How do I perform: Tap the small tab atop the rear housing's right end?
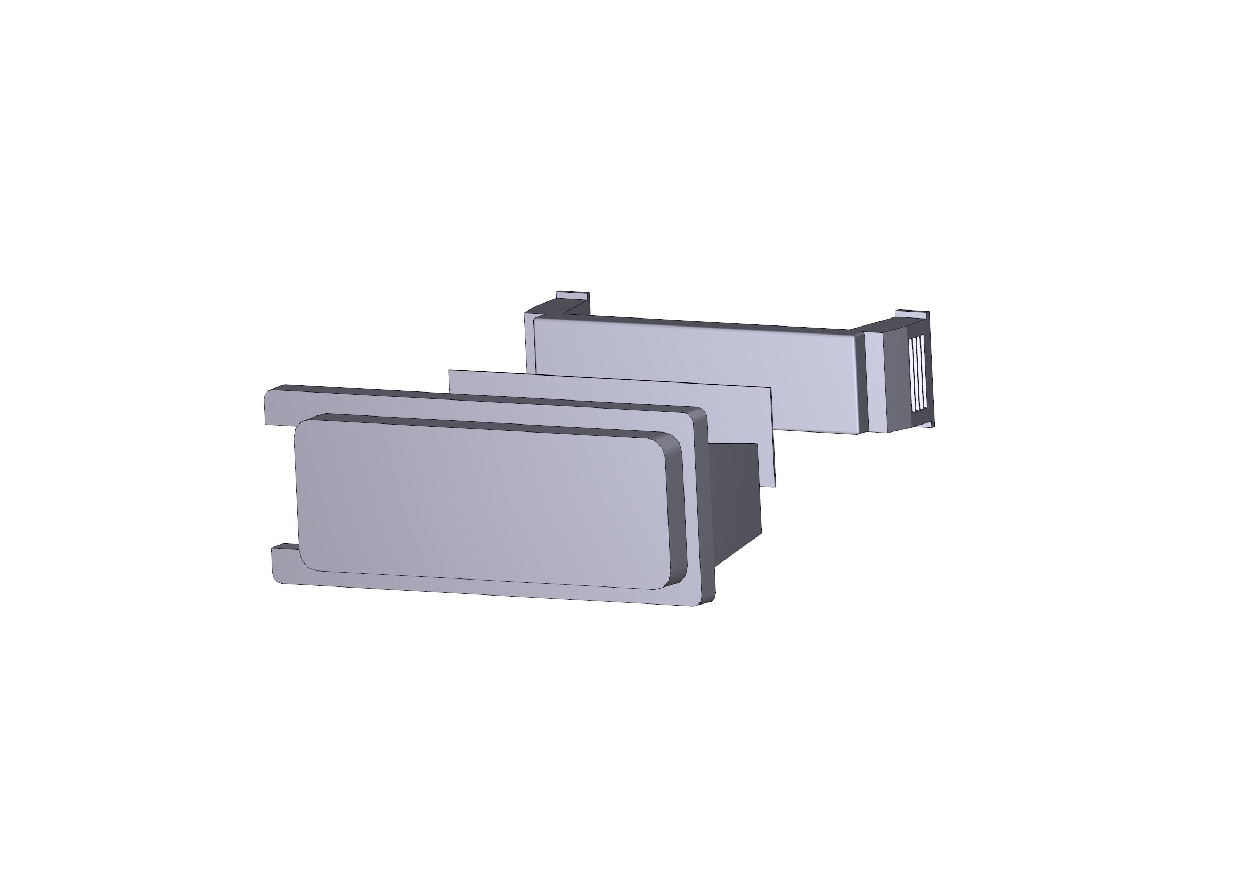click(x=911, y=315)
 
